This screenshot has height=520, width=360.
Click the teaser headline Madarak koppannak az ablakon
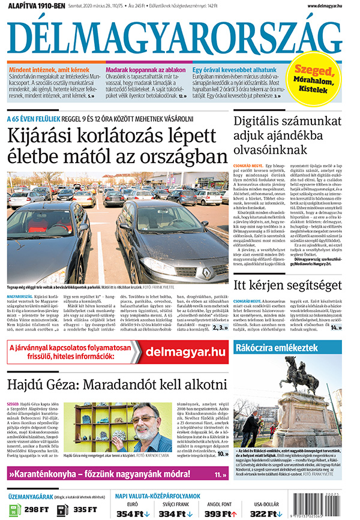(145, 70)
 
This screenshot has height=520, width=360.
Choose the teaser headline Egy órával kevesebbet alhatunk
(235, 70)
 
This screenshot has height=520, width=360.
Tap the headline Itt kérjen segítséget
(287, 285)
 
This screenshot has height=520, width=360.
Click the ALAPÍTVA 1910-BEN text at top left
(37, 5)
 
